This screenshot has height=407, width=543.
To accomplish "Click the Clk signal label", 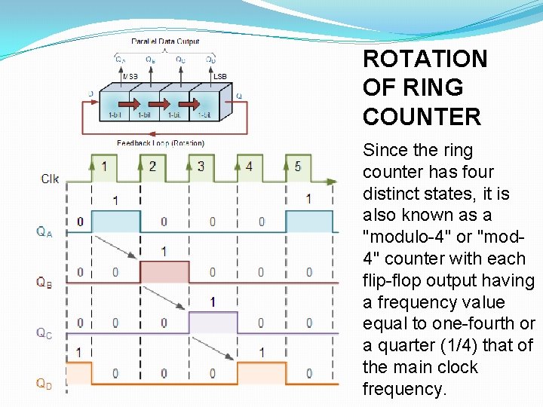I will click(50, 179).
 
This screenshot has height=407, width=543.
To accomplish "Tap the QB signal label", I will click(44, 282).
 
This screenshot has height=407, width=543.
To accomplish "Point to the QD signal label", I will click(45, 383).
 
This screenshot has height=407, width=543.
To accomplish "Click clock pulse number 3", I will click(201, 167).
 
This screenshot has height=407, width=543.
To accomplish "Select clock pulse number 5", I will click(298, 167).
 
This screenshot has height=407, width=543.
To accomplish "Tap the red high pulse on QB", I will click(164, 271).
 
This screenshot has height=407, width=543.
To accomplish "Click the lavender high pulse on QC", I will click(213, 323).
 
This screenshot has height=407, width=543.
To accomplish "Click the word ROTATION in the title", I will click(425, 59).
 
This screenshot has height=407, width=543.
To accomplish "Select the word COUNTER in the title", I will click(422, 117).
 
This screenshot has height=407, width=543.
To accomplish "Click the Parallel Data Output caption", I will click(165, 41).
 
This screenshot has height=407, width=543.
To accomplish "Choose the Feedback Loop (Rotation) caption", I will click(160, 142).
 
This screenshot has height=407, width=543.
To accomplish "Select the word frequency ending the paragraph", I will click(404, 389).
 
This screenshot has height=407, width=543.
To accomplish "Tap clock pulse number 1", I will click(104, 167).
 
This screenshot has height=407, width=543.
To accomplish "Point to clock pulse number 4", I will click(249, 167).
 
